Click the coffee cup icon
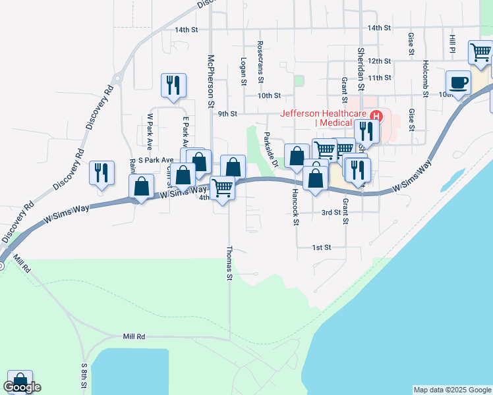[459, 82]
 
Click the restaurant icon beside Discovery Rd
[101, 172]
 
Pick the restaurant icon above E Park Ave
[173, 85]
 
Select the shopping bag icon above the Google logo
[20, 382]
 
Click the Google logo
[22, 387]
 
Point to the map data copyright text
[451, 390]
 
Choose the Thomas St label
[229, 263]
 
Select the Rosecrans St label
[260, 61]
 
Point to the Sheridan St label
[361, 68]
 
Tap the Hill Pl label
[453, 45]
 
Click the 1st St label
[321, 247]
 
